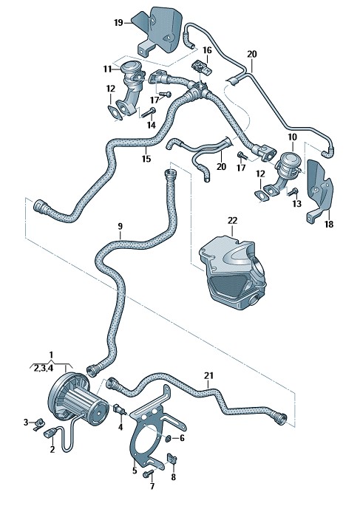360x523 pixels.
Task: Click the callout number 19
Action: pyautogui.click(x=118, y=22)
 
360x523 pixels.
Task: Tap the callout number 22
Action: pyautogui.click(x=233, y=220)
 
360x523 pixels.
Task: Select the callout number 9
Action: pyautogui.click(x=120, y=226)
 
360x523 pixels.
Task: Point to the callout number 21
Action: pyautogui.click(x=208, y=375)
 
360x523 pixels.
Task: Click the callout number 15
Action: pyautogui.click(x=146, y=159)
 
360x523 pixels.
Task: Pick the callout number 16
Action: pyautogui.click(x=207, y=50)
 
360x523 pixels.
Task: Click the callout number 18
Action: pyautogui.click(x=329, y=224)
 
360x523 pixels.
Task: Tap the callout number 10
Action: pyautogui.click(x=292, y=137)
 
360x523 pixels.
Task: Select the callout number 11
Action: pyautogui.click(x=107, y=69)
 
